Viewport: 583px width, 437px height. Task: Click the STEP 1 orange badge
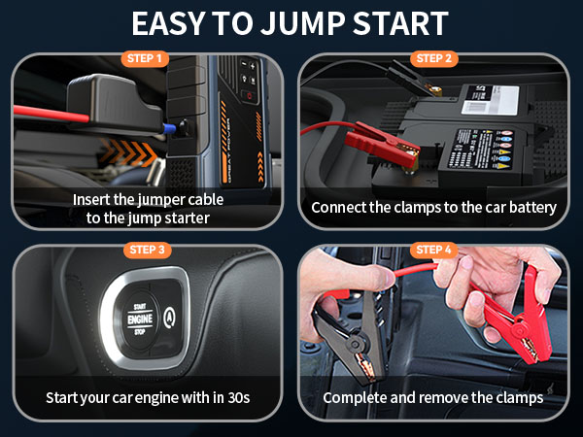tap(145, 58)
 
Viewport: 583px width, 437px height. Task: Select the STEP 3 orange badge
tap(145, 251)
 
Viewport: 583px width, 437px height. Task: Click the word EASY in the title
tap(173, 22)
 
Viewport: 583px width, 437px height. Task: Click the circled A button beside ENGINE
tap(171, 316)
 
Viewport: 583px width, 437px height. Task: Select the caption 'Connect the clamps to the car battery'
tap(433, 208)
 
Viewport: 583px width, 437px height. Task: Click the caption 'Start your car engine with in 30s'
tap(148, 397)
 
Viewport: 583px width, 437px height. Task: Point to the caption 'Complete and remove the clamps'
tap(433, 397)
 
